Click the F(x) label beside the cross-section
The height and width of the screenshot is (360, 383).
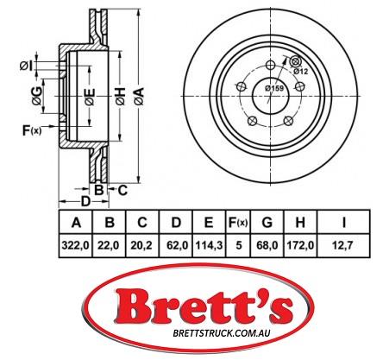[x=28, y=130]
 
